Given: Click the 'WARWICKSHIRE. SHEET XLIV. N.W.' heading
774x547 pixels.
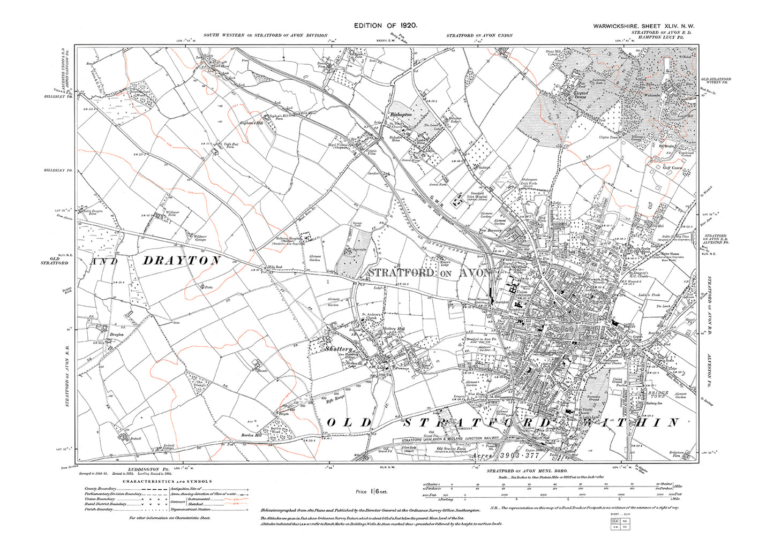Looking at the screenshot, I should [x=643, y=26].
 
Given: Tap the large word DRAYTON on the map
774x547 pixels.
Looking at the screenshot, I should [x=182, y=261].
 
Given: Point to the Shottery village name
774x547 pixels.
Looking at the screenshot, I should [x=339, y=349].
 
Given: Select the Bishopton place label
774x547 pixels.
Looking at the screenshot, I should [x=401, y=115].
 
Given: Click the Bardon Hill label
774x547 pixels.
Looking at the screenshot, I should [x=250, y=435].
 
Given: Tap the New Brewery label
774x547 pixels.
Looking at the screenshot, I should [x=490, y=230].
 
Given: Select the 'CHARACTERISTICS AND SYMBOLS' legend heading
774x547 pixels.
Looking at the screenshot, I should [x=167, y=481].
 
